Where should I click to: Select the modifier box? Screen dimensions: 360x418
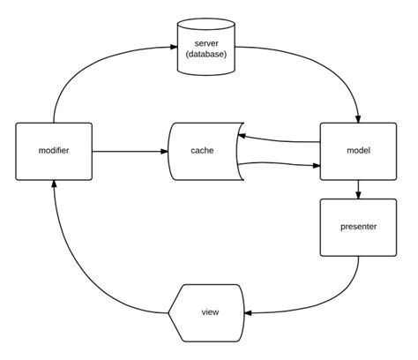[54, 152]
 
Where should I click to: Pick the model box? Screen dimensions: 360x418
[357, 152]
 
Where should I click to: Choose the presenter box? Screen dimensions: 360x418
[357, 228]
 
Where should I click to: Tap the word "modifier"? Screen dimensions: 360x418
[54, 152]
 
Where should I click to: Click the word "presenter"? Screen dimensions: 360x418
[357, 228]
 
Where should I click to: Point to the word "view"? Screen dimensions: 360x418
[211, 312]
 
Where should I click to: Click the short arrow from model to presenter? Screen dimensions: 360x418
[357, 189]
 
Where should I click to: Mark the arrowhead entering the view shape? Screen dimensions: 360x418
[249, 312]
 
